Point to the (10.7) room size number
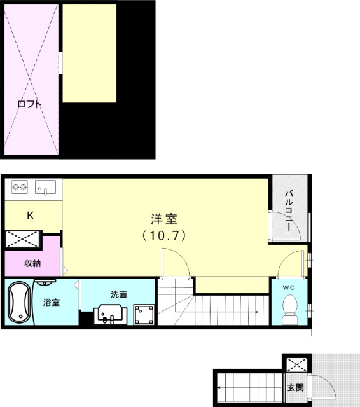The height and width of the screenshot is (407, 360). [x=163, y=236]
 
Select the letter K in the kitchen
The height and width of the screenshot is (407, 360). [x=30, y=216]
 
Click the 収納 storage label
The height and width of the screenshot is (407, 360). [x=32, y=263]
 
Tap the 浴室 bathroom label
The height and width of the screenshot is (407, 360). [x=52, y=302]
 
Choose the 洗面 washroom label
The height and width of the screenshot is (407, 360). [x=119, y=294]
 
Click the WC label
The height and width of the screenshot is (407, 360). [x=290, y=287]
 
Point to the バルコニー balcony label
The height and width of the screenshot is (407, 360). [x=288, y=209]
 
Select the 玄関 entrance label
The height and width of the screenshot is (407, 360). [x=295, y=387]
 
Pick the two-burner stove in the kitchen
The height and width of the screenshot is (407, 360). [x=19, y=188]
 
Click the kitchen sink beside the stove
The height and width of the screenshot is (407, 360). [x=46, y=188]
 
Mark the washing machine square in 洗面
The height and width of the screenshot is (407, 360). [x=143, y=314]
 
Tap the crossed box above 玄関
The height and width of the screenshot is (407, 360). [x=294, y=365]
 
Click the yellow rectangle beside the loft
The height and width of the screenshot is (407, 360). [x=89, y=53]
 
